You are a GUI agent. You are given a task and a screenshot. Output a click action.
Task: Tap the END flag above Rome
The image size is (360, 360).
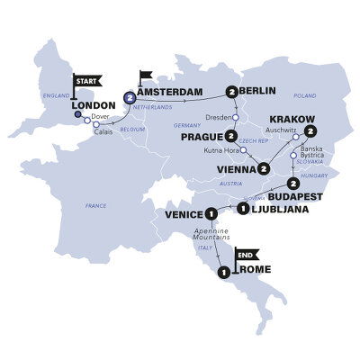click(x=244, y=256)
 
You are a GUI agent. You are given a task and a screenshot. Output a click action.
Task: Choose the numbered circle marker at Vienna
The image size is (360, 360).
click(x=264, y=168)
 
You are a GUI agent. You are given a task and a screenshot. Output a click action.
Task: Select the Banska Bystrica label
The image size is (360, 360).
click(x=312, y=161)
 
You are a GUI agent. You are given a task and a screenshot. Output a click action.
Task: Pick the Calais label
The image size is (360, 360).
click(x=104, y=129)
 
